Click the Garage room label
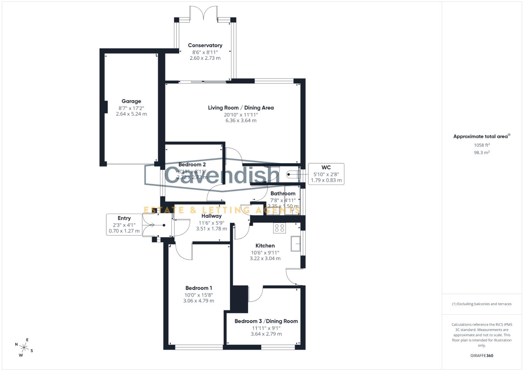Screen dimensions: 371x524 click(131, 101)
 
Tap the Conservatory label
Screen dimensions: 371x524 click(205, 45)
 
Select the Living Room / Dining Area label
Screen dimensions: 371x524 click(241, 108)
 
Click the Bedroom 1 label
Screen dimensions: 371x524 click(199, 288)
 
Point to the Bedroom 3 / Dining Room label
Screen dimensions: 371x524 click(266, 321)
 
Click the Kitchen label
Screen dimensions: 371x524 click(265, 246)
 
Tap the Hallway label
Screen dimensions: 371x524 click(211, 216)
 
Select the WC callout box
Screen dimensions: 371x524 click(326, 174)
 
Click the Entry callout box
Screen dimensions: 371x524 click(124, 225)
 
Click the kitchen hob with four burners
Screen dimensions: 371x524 click(279, 228)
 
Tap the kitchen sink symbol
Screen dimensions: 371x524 click(295, 244)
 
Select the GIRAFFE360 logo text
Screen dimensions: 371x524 click(481, 356)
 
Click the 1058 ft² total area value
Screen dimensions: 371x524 click(481, 145)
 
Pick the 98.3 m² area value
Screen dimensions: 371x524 click(481, 153)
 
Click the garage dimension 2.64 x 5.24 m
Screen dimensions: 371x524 click(131, 114)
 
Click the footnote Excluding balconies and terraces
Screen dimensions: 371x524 click(481, 304)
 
